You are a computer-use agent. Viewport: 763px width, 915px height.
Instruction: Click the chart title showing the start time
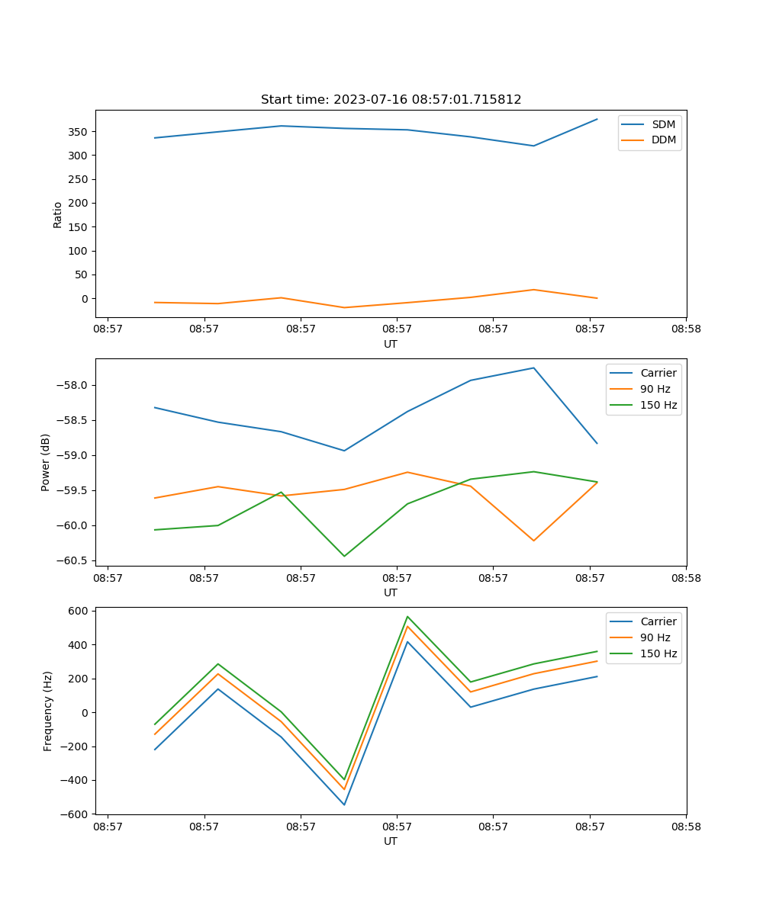pyautogui.click(x=391, y=100)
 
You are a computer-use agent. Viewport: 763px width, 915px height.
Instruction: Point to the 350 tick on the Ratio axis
pyautogui.click(x=79, y=132)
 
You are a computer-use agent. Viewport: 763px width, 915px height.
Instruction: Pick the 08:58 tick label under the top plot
pyautogui.click(x=686, y=329)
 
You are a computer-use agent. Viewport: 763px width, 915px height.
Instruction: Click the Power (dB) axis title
pyautogui.click(x=46, y=462)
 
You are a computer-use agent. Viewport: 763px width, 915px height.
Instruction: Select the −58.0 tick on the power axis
pyautogui.click(x=72, y=385)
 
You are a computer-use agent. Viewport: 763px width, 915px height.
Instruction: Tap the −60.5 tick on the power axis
pyautogui.click(x=72, y=560)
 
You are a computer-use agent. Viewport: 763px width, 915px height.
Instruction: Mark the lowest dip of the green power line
pyautogui.click(x=344, y=556)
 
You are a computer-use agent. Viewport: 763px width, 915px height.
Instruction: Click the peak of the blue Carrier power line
pyautogui.click(x=533, y=368)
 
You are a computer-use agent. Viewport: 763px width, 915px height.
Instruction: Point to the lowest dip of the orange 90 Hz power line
pyautogui.click(x=533, y=541)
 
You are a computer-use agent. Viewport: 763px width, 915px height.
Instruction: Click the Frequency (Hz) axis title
pyautogui.click(x=48, y=711)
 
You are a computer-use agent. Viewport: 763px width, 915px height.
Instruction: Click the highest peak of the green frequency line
pyautogui.click(x=407, y=616)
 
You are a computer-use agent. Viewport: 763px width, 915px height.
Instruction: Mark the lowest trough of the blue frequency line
pyautogui.click(x=344, y=804)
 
